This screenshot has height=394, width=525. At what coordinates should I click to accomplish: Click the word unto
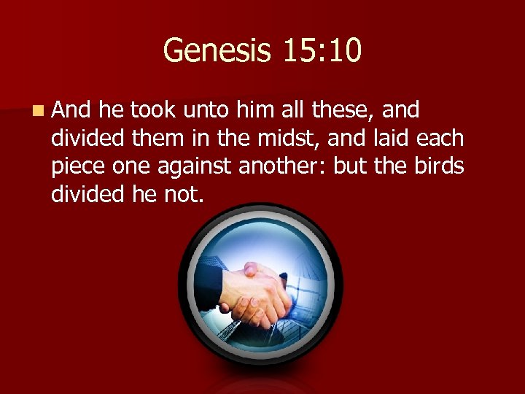[x=208, y=110]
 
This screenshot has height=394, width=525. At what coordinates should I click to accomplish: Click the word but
[x=351, y=167]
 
